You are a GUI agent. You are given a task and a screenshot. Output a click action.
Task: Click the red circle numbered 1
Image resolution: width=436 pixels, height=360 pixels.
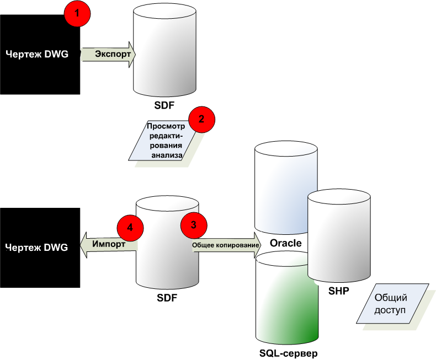[x=77, y=14]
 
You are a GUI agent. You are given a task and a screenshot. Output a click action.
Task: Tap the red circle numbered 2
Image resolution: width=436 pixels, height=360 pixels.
[x=201, y=119]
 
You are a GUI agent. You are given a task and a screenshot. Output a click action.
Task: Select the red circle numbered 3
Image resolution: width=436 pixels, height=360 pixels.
[x=193, y=224]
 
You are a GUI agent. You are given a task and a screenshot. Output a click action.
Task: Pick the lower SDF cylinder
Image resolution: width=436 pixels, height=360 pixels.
[x=167, y=243]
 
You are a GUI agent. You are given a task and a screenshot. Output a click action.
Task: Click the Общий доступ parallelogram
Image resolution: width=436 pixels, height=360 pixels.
[x=392, y=304]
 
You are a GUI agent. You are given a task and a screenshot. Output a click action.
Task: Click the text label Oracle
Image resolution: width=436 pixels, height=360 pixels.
[x=285, y=243]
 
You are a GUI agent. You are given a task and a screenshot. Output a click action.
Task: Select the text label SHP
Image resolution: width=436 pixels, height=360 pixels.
[x=338, y=291]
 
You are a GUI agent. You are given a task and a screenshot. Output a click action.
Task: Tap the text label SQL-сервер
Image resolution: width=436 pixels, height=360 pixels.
[x=288, y=352]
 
